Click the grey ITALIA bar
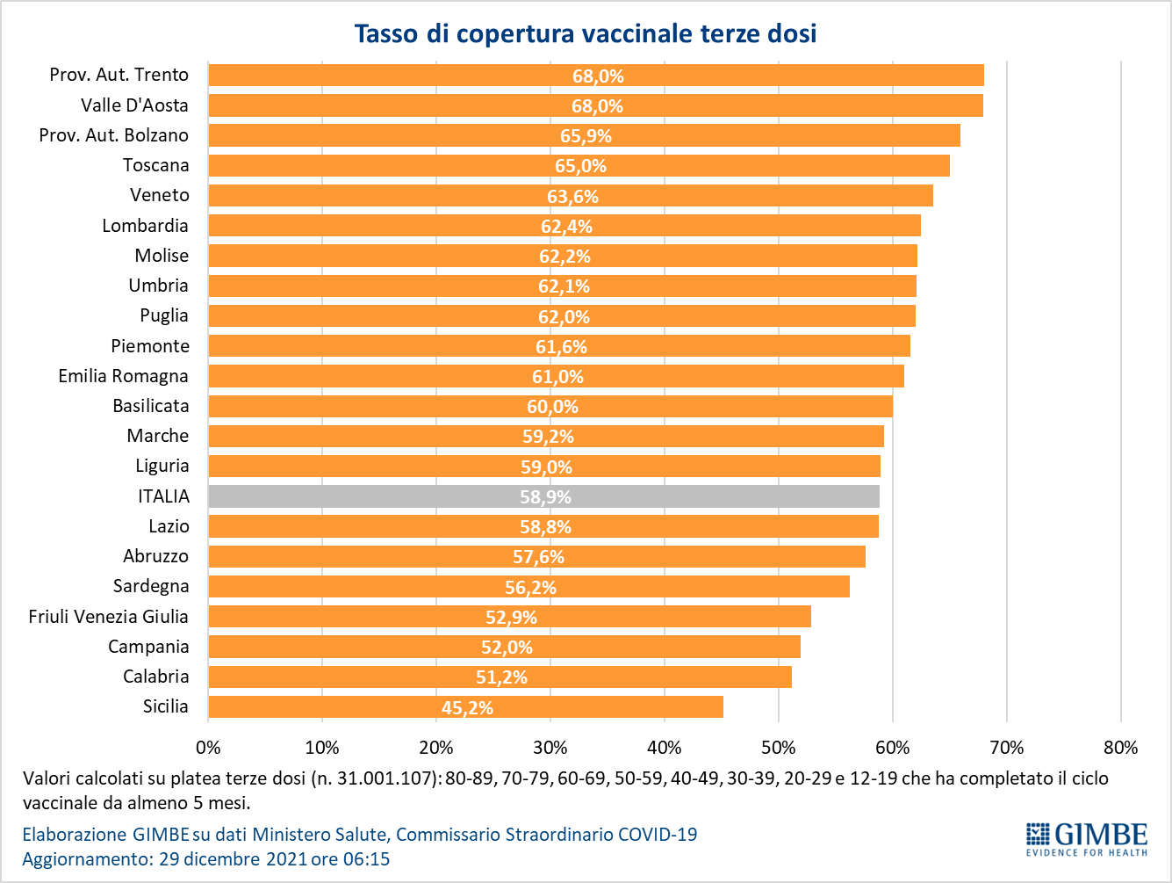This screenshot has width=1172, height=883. coord(543,496)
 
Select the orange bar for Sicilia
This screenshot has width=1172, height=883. coord(465,706)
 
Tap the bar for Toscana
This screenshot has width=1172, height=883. coord(579,165)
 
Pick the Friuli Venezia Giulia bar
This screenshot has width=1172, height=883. coord(509,617)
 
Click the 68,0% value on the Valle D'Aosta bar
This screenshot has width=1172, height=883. coord(597,106)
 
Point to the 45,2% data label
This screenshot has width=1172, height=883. coord(467,708)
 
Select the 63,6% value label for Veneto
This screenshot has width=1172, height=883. coord(572,197)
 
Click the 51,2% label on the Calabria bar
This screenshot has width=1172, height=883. coord(501,677)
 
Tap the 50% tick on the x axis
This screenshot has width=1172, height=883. coord(779,748)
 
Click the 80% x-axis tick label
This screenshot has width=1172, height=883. coord(1121,748)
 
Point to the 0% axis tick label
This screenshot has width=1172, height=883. coord(208,748)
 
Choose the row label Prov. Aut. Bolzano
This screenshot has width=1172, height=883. coord(114,135)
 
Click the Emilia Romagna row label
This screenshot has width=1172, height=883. coord(123,376)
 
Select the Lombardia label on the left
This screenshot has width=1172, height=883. coord(145,226)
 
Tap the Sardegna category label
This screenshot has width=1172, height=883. coord(151,586)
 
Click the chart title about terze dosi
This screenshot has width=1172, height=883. coord(586,33)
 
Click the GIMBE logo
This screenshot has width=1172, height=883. coord(1087,839)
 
